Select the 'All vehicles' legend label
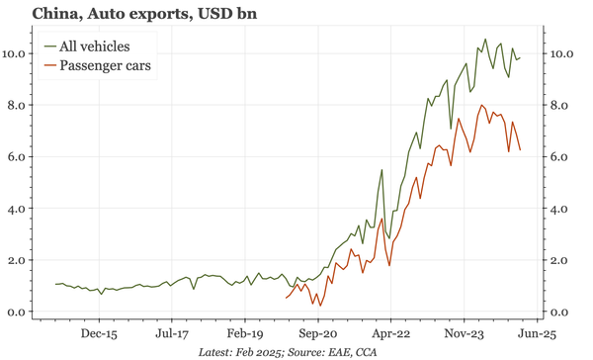(x=94, y=46)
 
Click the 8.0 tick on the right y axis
(x=561, y=105)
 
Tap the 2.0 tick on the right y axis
(x=561, y=261)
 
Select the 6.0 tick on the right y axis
(x=561, y=157)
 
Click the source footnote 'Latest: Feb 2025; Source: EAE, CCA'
(x=288, y=351)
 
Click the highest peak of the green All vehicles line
(x=484, y=40)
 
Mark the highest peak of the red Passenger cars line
(x=481, y=106)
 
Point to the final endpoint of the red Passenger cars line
(x=521, y=150)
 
